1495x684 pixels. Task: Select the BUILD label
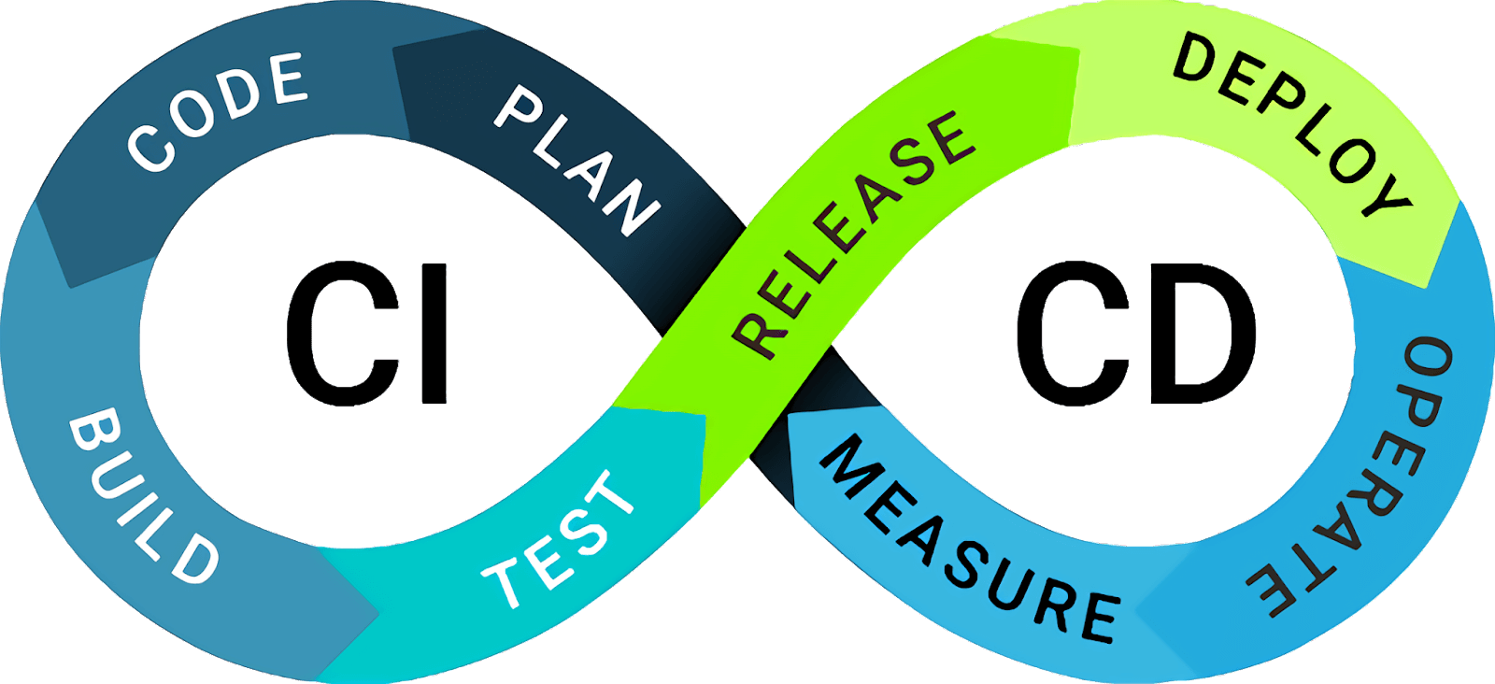point(143,495)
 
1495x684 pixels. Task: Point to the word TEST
point(559,540)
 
